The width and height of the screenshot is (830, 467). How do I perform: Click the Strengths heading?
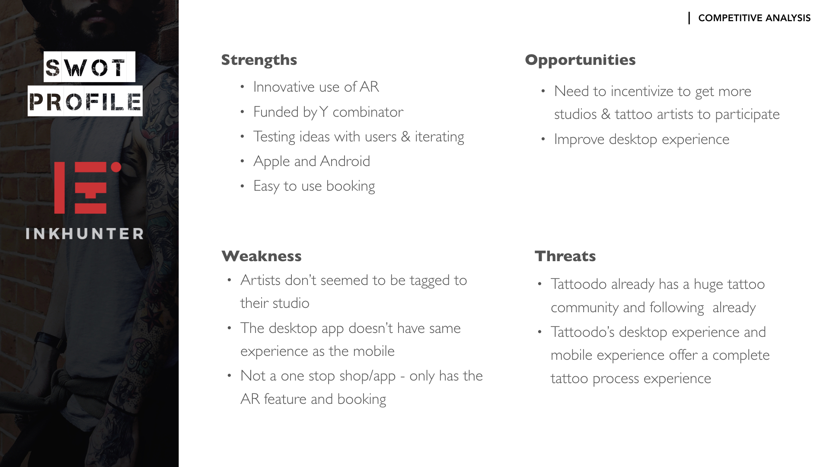click(x=259, y=60)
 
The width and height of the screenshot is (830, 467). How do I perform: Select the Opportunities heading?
click(x=580, y=60)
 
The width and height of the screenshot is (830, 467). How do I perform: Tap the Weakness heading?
click(x=262, y=256)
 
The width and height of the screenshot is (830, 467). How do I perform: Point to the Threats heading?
click(x=565, y=256)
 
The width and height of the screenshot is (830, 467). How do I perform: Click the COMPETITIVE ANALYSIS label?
click(x=754, y=18)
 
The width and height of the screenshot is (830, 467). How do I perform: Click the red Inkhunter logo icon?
click(x=87, y=188)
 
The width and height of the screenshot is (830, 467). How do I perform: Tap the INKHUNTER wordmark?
click(x=85, y=234)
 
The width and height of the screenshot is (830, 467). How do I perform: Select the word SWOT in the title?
click(x=89, y=67)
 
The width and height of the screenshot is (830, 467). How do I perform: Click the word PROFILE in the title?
click(x=85, y=101)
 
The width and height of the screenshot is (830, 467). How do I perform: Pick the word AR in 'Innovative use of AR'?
click(x=369, y=87)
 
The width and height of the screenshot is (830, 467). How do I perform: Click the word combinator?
click(x=368, y=112)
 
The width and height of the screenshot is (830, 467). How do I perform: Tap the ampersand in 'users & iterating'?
click(x=405, y=137)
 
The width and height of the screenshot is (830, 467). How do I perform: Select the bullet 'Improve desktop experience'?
click(x=642, y=139)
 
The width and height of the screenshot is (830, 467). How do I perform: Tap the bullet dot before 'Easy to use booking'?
click(x=243, y=186)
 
